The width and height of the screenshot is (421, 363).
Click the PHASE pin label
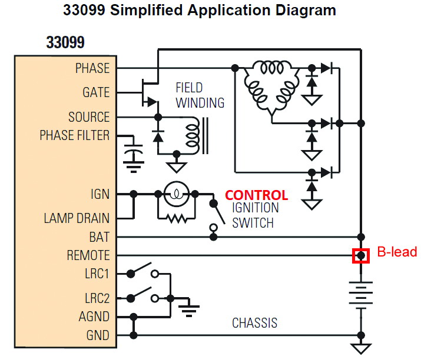(x=92, y=68)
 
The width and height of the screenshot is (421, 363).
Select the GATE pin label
(x=96, y=93)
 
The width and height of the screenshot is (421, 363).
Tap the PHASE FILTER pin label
(x=74, y=135)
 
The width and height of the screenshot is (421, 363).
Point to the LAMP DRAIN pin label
(x=77, y=218)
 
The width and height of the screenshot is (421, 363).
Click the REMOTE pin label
(x=88, y=255)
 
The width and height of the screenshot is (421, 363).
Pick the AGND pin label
(x=94, y=317)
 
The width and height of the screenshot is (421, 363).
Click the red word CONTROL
(x=257, y=195)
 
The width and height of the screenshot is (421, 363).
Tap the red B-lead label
(x=397, y=252)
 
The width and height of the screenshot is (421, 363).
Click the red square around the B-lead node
(x=360, y=256)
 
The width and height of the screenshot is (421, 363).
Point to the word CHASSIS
(x=254, y=323)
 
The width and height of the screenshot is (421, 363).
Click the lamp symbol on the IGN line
(x=174, y=194)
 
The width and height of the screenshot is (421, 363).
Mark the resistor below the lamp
(x=175, y=218)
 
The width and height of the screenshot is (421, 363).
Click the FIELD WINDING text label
(x=200, y=95)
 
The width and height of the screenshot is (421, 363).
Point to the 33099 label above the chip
(x=65, y=42)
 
